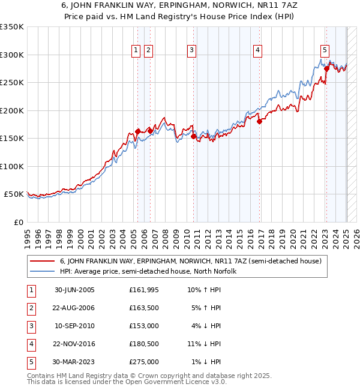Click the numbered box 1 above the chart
(136, 50)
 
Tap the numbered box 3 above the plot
(191, 50)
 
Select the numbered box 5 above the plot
(325, 50)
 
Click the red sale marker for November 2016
(260, 121)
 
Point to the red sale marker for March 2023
(326, 68)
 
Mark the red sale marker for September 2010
(194, 136)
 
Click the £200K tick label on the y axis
(11, 110)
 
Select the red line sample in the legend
(43, 262)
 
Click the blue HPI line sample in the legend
(43, 271)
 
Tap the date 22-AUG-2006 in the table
(74, 308)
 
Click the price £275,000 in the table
(144, 362)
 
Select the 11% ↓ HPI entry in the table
(205, 344)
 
